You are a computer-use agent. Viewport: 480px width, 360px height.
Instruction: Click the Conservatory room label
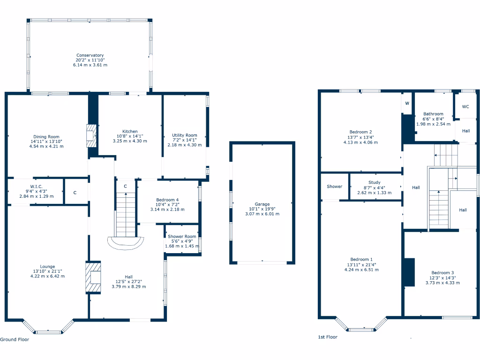point(90,55)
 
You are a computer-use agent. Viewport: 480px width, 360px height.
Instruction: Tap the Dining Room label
point(46,136)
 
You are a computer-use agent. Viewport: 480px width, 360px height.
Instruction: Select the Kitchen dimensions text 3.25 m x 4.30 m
point(130,141)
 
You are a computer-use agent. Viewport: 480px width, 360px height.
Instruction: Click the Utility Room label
point(185,135)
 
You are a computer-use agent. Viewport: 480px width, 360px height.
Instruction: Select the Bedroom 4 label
point(167,200)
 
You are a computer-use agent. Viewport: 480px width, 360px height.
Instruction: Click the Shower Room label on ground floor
point(182,237)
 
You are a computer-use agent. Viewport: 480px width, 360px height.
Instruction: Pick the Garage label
point(262,204)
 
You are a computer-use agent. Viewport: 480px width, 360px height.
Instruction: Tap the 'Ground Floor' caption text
point(15,339)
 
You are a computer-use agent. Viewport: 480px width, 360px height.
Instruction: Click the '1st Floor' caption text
point(328,337)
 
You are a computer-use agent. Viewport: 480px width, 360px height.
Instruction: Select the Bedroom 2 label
point(360,132)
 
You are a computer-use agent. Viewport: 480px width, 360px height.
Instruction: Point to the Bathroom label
point(433,114)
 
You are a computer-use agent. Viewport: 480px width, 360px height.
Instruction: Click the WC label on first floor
point(465,107)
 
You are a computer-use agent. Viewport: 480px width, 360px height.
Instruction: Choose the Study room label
point(374,183)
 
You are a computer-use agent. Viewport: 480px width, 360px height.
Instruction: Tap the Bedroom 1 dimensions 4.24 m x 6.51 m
point(361,270)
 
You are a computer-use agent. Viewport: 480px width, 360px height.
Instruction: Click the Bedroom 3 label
point(442,273)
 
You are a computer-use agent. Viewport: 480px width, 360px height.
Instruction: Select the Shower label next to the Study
point(335,187)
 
